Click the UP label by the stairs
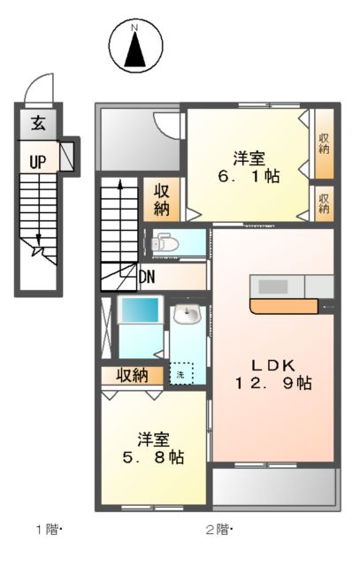pyautogui.click(x=37, y=161)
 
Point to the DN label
pyautogui.click(x=148, y=277)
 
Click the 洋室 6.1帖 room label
pyautogui.click(x=249, y=167)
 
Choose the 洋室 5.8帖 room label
pyautogui.click(x=152, y=448)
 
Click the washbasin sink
pyautogui.click(x=188, y=316)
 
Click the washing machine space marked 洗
pyautogui.click(x=180, y=374)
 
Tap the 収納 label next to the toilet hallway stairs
pyautogui.click(x=163, y=200)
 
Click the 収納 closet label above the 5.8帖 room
pyautogui.click(x=132, y=375)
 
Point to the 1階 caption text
pyautogui.click(x=48, y=530)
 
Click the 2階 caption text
pyautogui.click(x=218, y=530)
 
